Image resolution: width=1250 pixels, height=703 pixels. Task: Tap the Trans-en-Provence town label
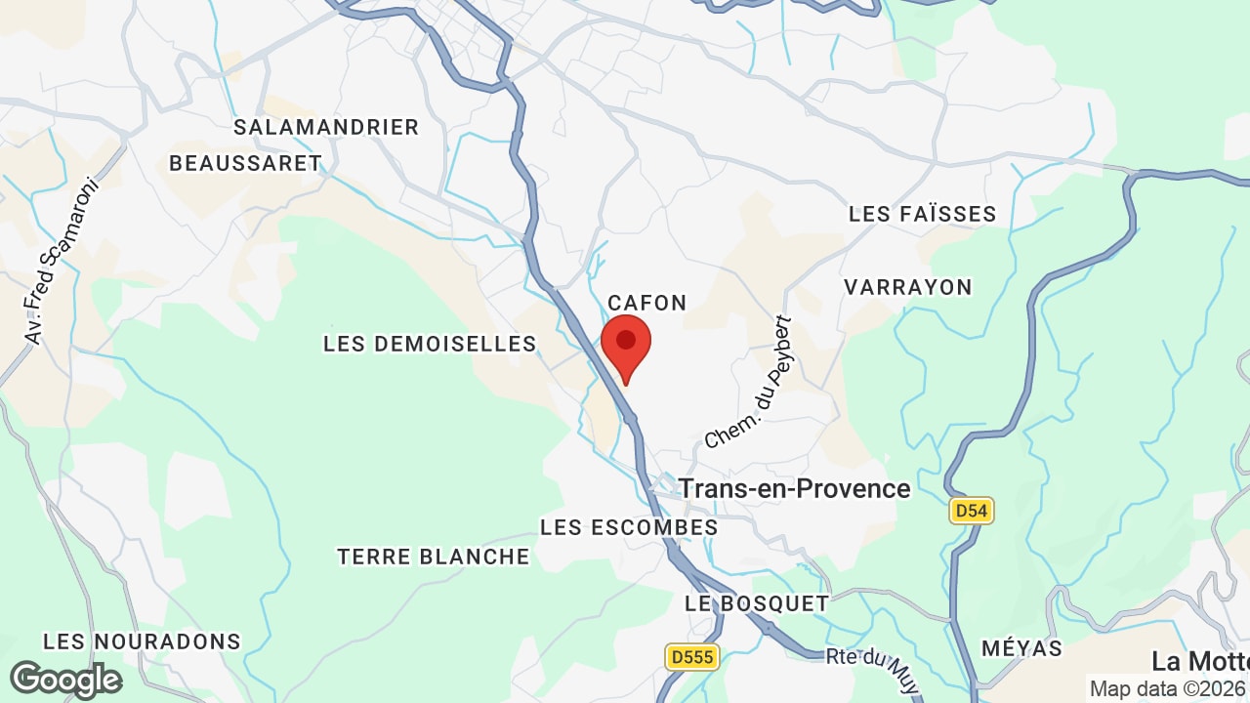[794, 488]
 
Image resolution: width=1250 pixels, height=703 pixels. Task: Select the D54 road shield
[971, 510]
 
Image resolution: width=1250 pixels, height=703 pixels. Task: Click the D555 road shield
[692, 657]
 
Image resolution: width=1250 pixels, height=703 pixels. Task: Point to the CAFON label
[647, 303]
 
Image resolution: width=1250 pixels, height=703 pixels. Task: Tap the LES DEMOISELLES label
[430, 344]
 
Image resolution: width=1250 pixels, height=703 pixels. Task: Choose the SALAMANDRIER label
[326, 127]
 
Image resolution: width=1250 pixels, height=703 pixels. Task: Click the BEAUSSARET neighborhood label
[245, 163]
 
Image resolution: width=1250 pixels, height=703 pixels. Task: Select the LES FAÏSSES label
[922, 214]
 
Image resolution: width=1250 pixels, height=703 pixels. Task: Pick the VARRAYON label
[908, 287]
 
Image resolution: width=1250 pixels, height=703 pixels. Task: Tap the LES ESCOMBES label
[629, 527]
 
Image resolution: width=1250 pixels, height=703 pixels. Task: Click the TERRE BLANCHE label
[434, 557]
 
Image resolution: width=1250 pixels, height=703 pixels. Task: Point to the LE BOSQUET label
[757, 603]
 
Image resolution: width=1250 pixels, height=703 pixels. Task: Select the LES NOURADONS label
[142, 641]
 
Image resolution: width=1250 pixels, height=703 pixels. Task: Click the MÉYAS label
[1021, 648]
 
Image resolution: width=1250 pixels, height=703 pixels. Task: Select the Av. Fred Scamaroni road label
[62, 261]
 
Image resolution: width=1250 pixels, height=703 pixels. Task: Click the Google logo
[66, 680]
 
